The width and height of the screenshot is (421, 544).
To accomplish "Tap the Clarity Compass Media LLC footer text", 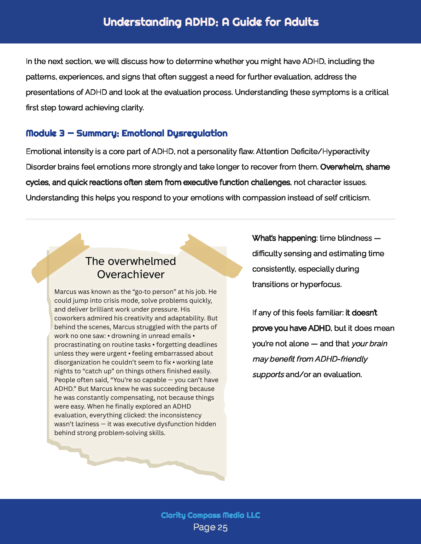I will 210,515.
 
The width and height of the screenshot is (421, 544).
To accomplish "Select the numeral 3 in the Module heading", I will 62,133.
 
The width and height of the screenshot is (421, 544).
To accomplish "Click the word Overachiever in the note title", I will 131,274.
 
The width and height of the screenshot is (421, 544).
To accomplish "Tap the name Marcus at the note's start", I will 66,292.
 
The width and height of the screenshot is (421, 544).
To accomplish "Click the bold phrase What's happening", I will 284,238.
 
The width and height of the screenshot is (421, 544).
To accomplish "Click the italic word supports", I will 268,375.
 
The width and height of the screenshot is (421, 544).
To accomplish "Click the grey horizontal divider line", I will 210,219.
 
